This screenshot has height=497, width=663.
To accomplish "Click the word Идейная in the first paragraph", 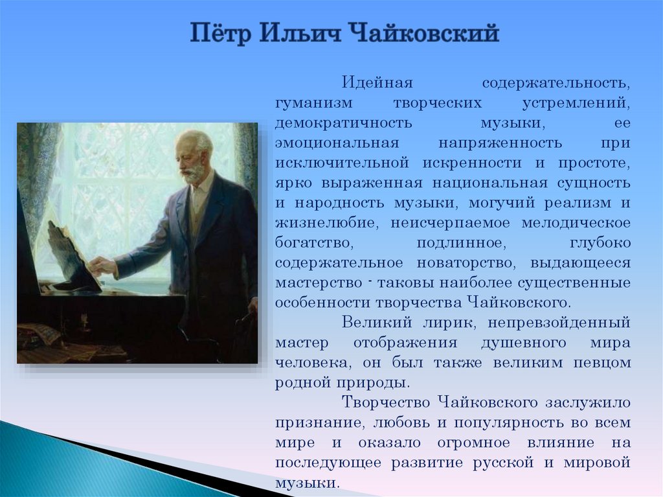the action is (x=377, y=82).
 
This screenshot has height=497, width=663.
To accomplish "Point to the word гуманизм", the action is (x=313, y=103).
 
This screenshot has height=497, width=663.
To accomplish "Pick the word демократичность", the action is (x=343, y=123).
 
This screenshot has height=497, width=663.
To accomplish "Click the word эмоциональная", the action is (x=337, y=143).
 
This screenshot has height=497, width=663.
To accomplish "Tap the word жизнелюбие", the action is (x=326, y=223).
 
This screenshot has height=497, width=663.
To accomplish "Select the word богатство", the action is (x=314, y=243).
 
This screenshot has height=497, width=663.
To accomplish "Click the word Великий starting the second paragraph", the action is (x=377, y=323).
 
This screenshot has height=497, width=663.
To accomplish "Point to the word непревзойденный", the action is (x=559, y=323).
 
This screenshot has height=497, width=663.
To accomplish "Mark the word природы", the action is (x=374, y=384).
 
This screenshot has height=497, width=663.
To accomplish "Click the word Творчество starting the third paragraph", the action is (x=386, y=402).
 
